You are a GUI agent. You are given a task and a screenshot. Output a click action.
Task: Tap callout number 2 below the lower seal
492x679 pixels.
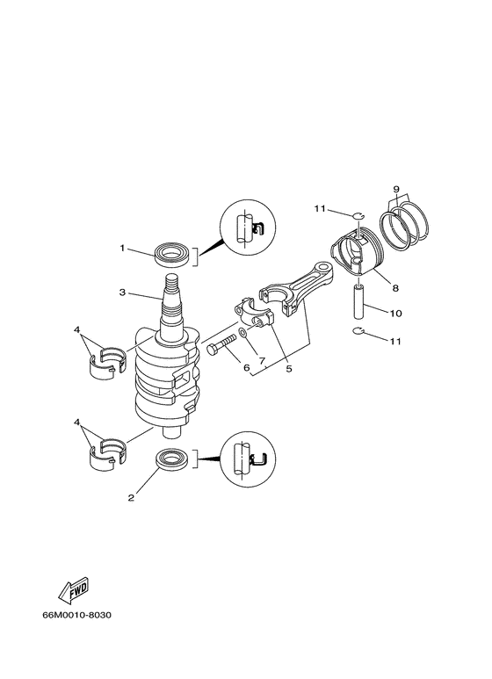(131, 498)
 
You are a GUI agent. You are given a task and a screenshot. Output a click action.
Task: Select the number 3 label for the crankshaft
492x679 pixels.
(123, 293)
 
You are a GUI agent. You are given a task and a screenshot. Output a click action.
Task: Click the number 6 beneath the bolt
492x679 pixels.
(247, 368)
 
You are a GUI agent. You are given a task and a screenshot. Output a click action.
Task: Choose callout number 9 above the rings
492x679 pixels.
(396, 190)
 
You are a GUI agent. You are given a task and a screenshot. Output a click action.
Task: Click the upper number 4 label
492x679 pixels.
(78, 332)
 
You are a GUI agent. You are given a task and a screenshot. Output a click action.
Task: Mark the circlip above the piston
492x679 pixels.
(359, 213)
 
